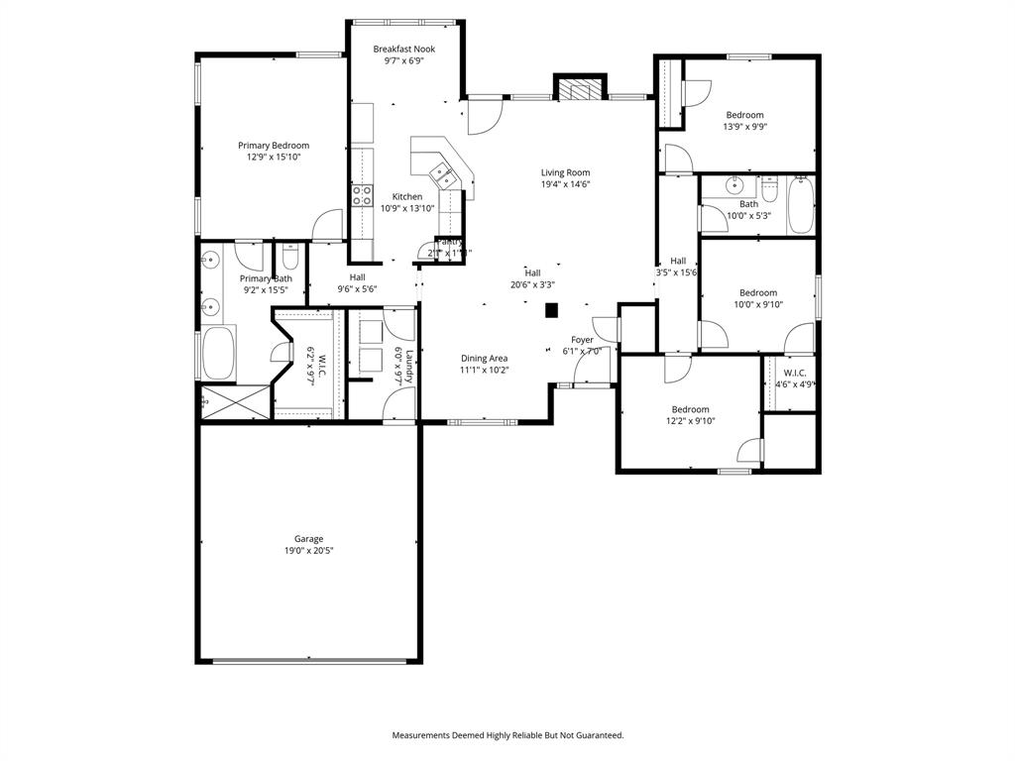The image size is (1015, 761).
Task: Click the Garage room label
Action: coord(308,539)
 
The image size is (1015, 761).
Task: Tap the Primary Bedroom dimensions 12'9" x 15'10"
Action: coord(274,158)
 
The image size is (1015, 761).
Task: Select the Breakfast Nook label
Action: coord(403,49)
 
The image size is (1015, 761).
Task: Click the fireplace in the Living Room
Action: coord(578,90)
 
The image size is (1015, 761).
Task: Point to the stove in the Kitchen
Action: coord(362,195)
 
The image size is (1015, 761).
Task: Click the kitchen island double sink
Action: coord(442,176)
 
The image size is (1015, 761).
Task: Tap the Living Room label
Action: coord(565,172)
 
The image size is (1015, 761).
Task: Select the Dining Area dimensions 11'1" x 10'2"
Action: coord(484,370)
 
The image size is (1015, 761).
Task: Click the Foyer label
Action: coord(582,340)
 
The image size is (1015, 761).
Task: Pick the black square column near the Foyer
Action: coord(552,311)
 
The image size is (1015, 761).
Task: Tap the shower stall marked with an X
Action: coord(232,402)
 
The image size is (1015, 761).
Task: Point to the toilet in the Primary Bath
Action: coord(290,259)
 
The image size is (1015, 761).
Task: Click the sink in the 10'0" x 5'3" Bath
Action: coord(734,185)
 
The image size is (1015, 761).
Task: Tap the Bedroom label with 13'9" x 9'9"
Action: coord(744,115)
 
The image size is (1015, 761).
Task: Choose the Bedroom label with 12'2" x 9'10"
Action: coord(690,409)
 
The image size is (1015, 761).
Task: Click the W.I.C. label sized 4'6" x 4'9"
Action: coord(795,373)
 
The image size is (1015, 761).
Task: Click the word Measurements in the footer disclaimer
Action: coord(423,735)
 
